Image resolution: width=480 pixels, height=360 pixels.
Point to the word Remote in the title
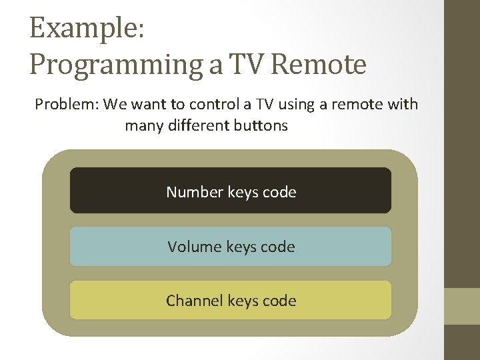319,65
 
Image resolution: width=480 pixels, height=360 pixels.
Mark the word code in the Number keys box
279,192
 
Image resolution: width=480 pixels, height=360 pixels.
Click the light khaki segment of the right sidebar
462,306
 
